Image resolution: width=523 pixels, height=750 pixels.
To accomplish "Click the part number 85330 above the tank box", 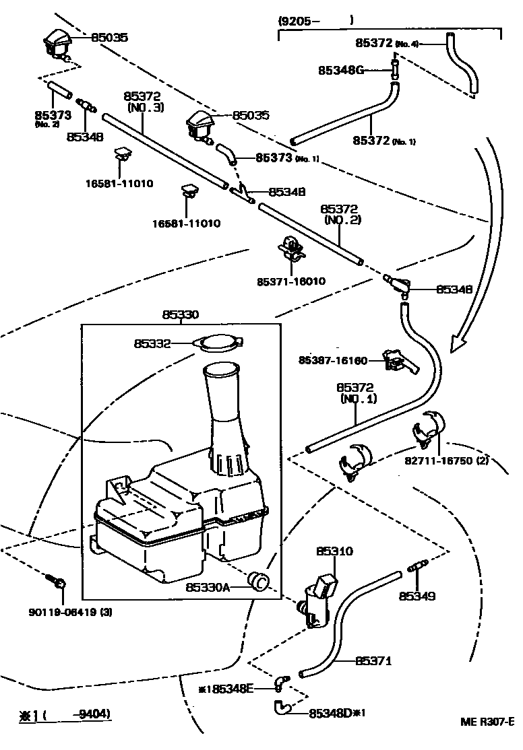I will [180, 314].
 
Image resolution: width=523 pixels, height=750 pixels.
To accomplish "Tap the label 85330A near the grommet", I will [208, 587].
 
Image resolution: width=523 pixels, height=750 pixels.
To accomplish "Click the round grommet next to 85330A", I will [258, 580].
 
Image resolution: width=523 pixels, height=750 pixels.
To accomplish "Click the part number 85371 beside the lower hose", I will [373, 661].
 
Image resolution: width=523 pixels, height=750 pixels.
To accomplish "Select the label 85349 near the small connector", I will [417, 596].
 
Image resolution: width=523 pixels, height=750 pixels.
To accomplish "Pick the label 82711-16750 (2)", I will [447, 461].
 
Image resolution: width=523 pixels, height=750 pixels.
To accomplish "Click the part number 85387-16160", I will [333, 361].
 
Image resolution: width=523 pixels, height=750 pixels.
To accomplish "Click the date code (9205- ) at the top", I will [315, 21].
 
